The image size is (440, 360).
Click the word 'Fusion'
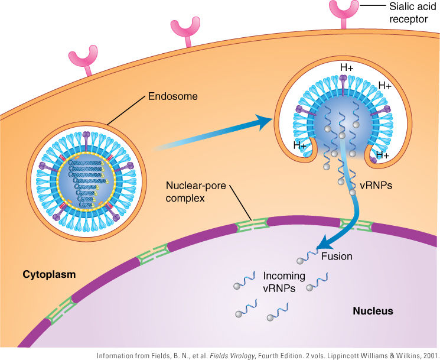click(x=337, y=257)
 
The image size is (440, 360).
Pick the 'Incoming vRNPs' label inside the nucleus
click(x=284, y=282)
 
